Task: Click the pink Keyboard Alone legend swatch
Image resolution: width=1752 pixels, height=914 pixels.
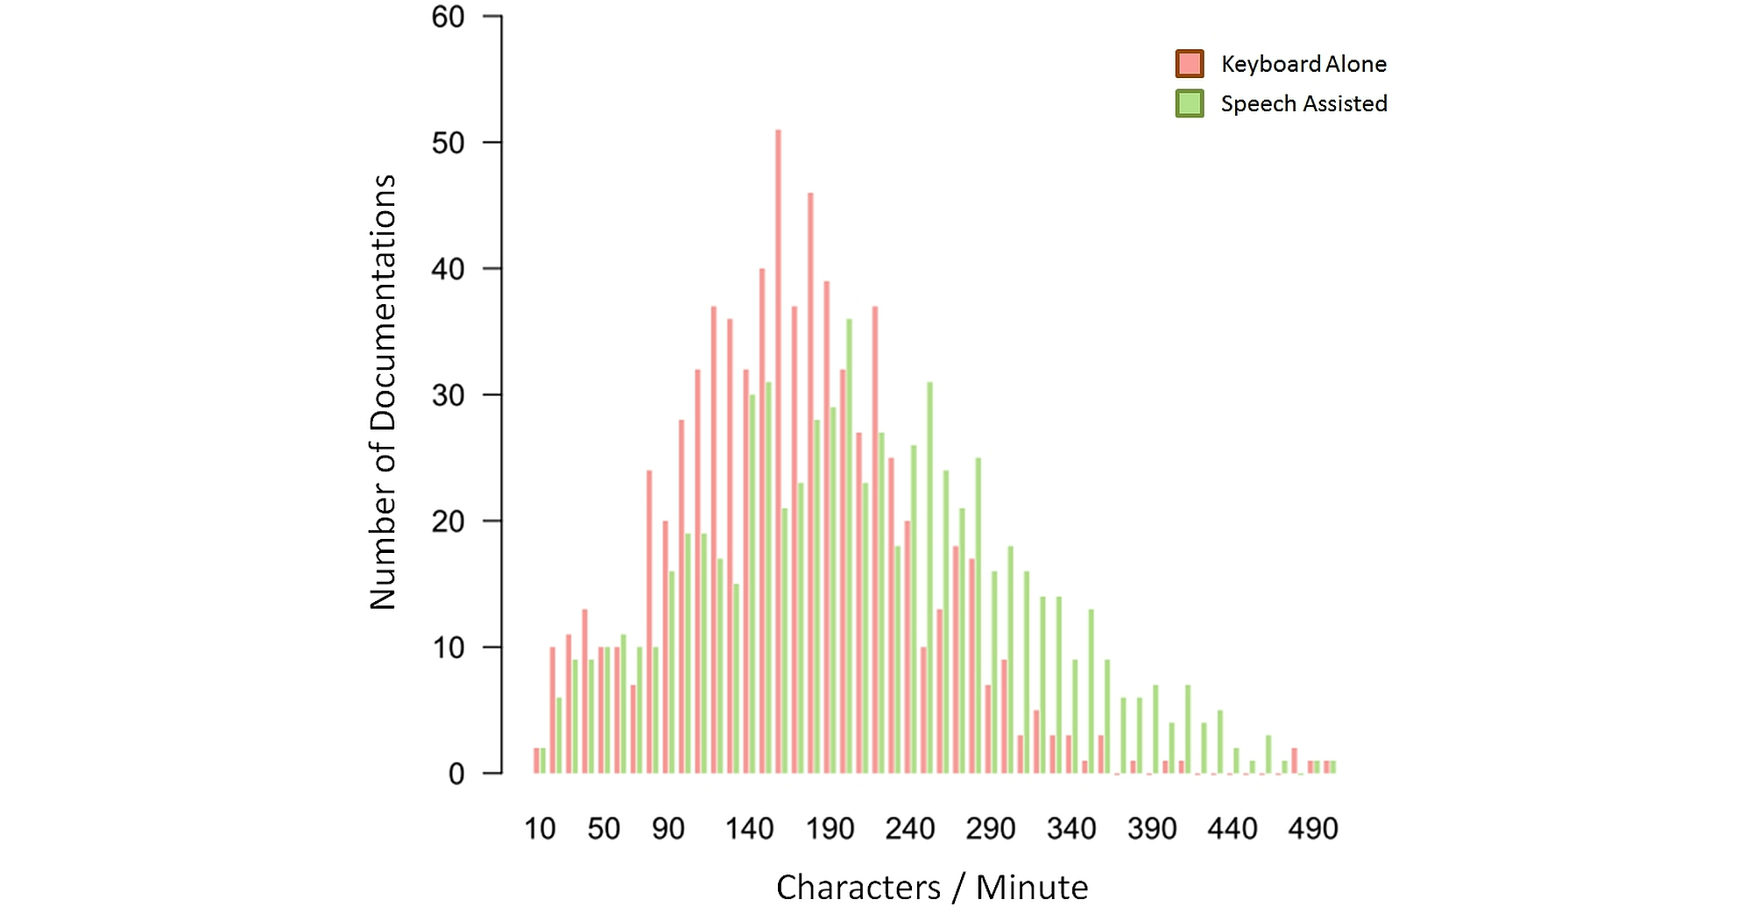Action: [1189, 64]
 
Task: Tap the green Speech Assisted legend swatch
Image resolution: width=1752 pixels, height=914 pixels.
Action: [1189, 103]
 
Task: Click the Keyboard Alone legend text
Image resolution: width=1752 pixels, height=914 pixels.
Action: [1303, 64]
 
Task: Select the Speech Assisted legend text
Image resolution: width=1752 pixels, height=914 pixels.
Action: [1303, 103]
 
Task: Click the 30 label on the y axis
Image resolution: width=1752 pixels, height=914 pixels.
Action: [449, 395]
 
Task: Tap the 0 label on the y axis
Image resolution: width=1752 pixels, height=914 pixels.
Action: [456, 774]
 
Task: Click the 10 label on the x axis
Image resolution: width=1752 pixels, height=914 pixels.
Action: [540, 828]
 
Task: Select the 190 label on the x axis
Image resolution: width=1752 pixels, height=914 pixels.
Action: [830, 828]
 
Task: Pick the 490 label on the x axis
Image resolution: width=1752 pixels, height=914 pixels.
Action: [1312, 828]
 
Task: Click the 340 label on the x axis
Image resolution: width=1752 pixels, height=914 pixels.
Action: [1071, 828]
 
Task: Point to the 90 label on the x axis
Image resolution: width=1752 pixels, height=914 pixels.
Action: [668, 828]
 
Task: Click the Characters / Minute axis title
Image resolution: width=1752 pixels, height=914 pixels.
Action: [932, 887]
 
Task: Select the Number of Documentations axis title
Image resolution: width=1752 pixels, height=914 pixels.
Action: [384, 392]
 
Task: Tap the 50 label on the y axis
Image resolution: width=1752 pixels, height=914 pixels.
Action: [449, 143]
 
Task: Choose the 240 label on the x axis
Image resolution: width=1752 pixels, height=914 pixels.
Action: [910, 828]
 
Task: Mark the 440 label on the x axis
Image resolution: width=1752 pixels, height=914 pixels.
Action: [1232, 828]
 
